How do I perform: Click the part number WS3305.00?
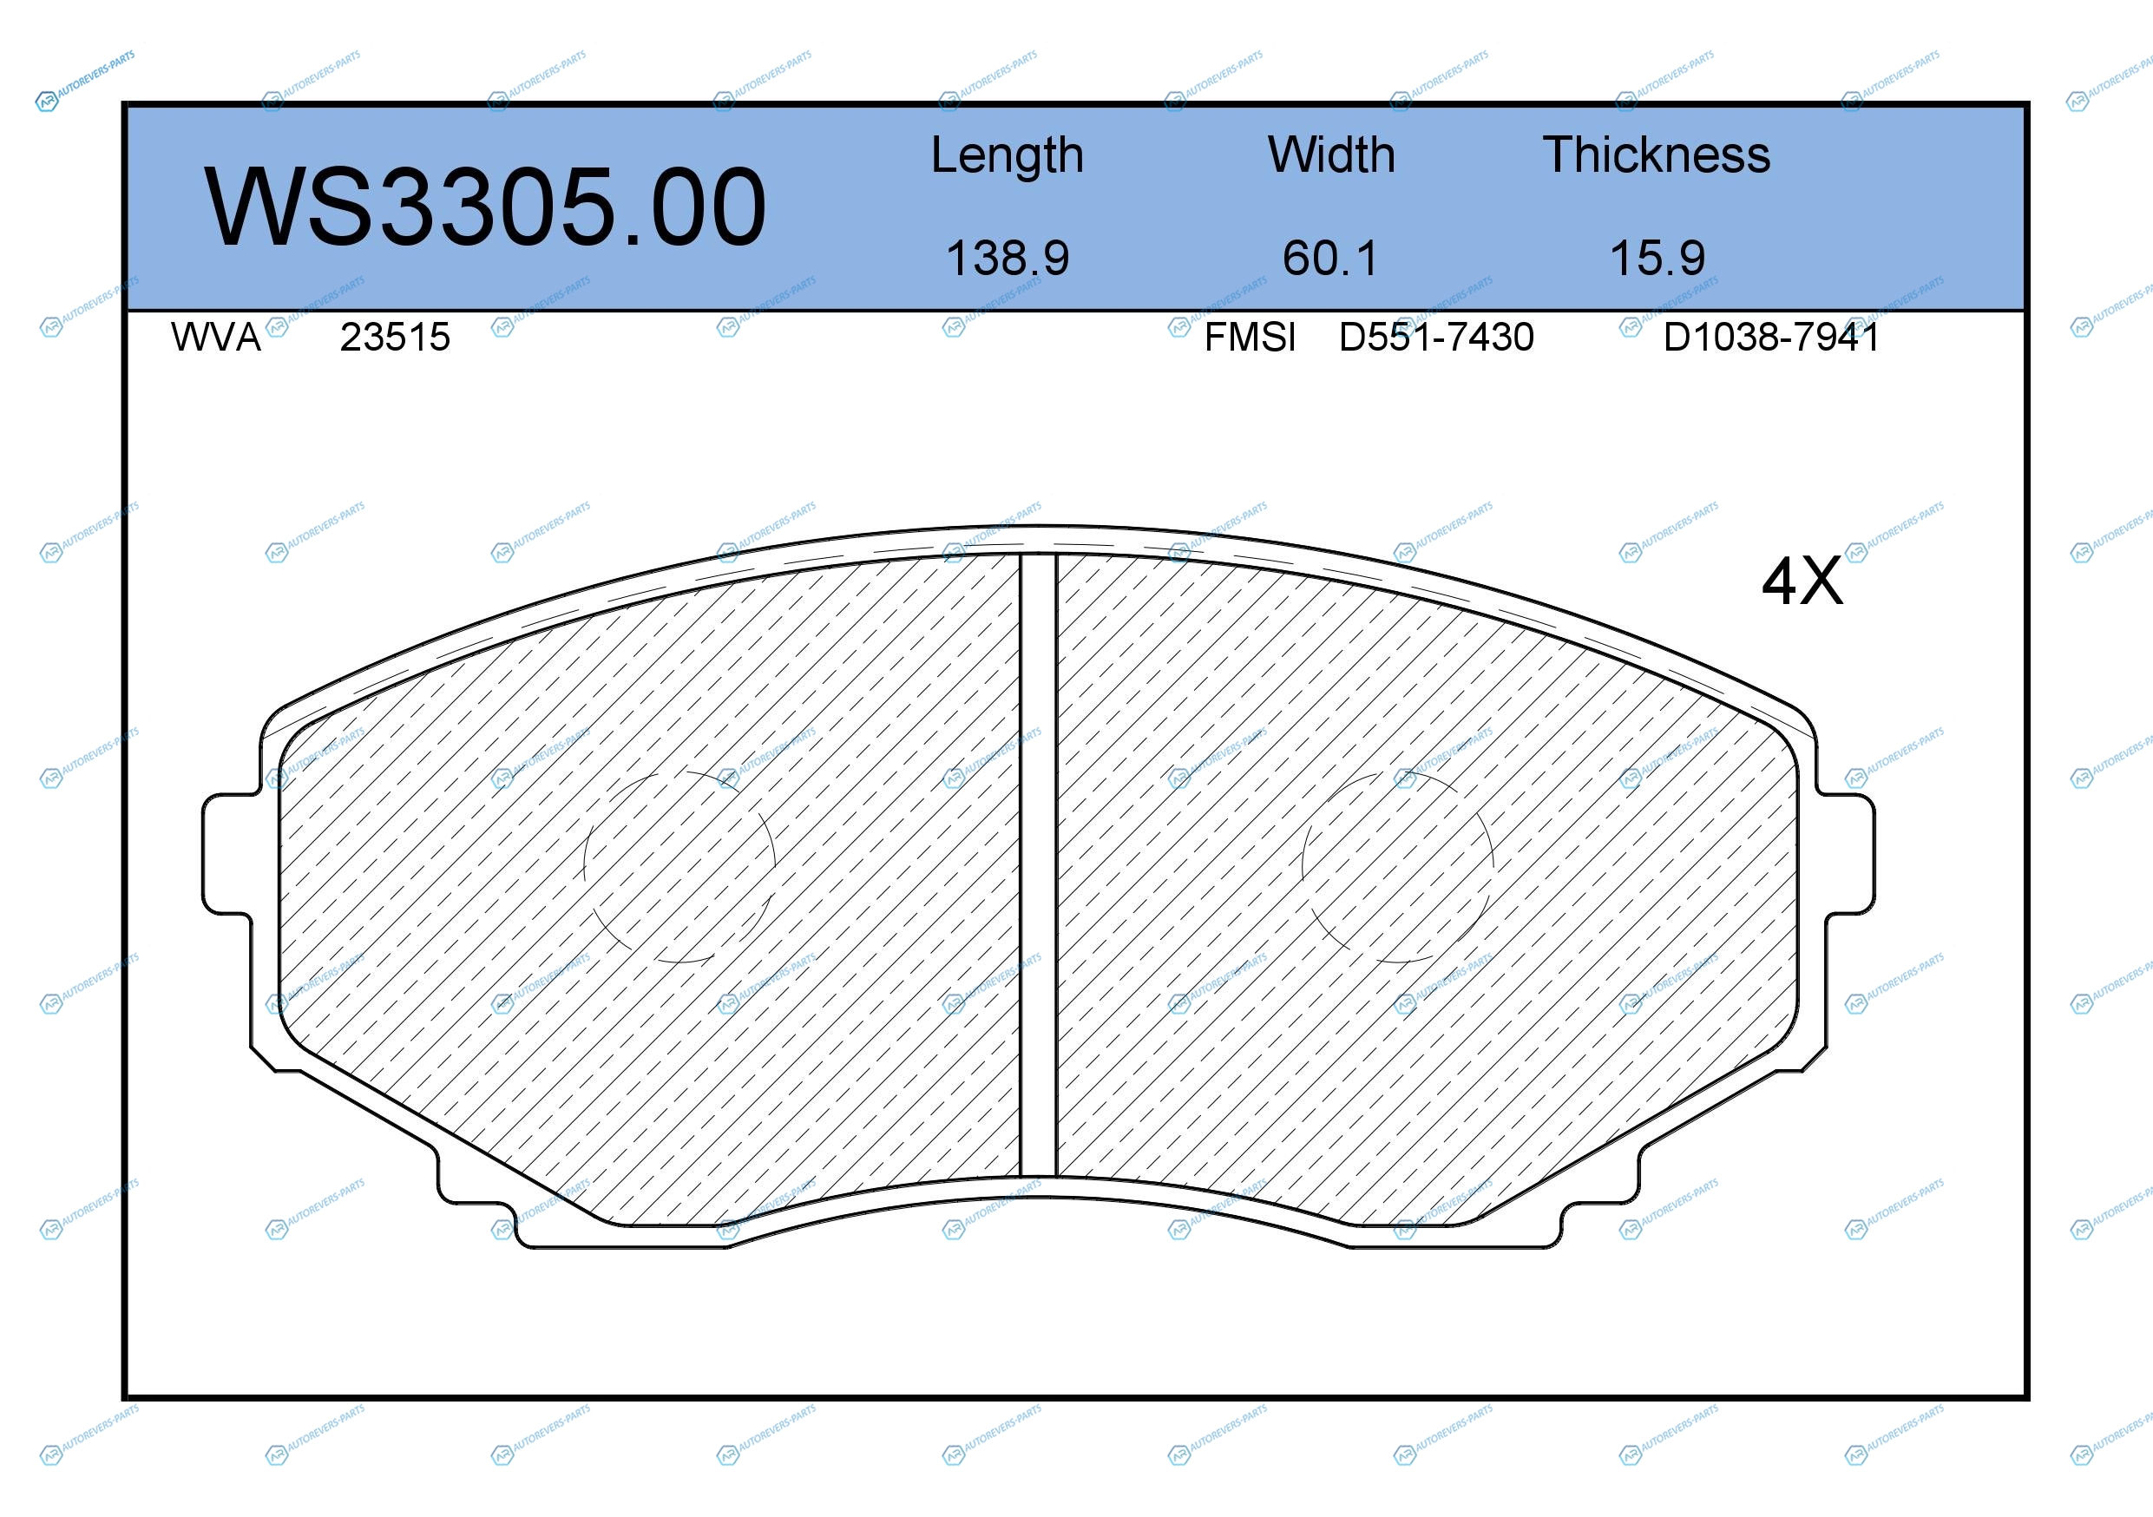(485, 207)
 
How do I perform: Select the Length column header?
(1008, 155)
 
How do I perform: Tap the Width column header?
(1330, 154)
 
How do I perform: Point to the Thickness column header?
(1656, 154)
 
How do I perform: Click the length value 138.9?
(1008, 258)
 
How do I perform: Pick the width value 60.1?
(1330, 258)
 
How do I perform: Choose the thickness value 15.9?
(1657, 258)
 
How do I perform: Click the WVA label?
(216, 337)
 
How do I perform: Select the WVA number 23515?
(395, 337)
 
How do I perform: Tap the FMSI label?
(1250, 337)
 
